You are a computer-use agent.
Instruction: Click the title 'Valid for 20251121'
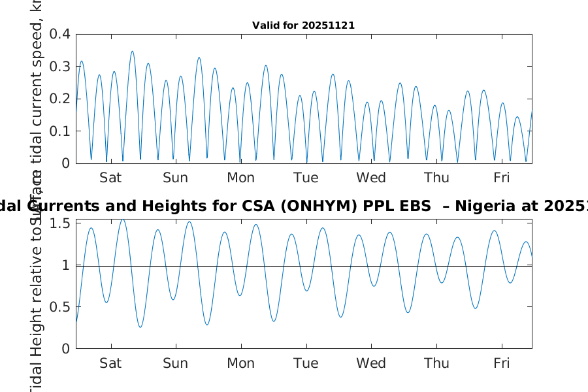303,26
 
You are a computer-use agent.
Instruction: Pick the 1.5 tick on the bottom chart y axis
61,223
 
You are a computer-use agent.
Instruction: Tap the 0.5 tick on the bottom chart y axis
61,307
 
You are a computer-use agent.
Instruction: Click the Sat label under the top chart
110,178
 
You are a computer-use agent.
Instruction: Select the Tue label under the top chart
306,178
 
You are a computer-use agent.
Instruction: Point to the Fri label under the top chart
501,178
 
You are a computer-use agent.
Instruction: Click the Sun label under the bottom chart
176,363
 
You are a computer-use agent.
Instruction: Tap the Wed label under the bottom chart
371,363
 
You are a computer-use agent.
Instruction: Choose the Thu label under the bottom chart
436,363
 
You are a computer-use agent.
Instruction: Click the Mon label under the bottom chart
240,363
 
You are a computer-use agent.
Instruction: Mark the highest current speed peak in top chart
132,51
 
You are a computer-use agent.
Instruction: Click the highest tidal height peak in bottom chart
122,220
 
